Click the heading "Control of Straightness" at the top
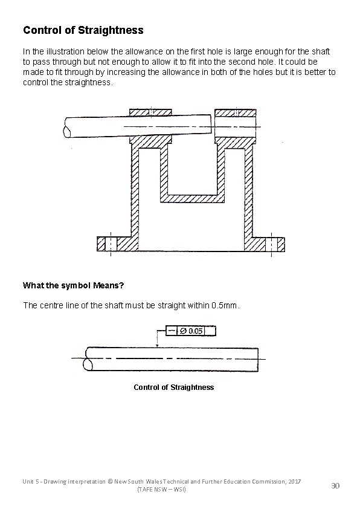click(x=83, y=30)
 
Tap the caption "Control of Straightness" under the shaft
click(x=173, y=387)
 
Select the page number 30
click(x=336, y=486)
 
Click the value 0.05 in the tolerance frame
click(x=196, y=331)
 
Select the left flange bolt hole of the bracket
click(x=111, y=244)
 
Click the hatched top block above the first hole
click(x=151, y=112)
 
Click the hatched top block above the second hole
click(x=235, y=112)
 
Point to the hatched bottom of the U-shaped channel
click(x=193, y=198)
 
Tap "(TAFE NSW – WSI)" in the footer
click(x=162, y=489)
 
